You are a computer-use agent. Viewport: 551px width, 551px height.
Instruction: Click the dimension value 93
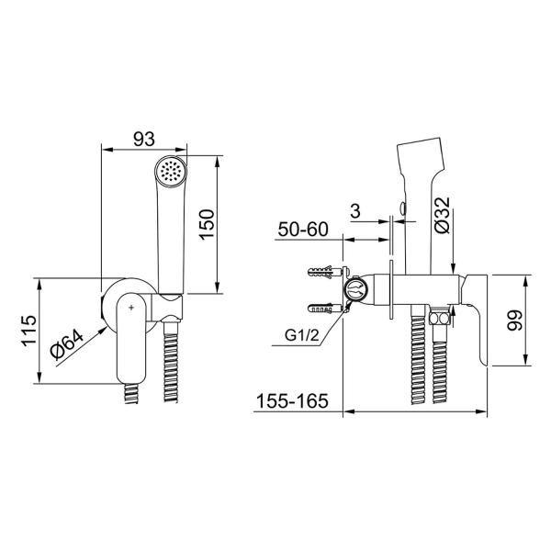pyautogui.click(x=144, y=140)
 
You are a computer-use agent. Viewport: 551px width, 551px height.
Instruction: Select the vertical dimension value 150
pyautogui.click(x=207, y=225)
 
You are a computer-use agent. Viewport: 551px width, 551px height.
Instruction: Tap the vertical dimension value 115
pyautogui.click(x=29, y=331)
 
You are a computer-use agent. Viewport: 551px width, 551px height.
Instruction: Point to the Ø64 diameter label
pyautogui.click(x=67, y=345)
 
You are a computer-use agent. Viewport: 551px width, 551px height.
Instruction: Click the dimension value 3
pyautogui.click(x=355, y=211)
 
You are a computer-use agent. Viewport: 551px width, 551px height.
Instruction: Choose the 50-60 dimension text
pyautogui.click(x=302, y=230)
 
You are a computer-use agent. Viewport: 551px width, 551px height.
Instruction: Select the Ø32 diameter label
pyautogui.click(x=442, y=215)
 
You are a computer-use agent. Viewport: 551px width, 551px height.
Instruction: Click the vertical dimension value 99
pyautogui.click(x=514, y=320)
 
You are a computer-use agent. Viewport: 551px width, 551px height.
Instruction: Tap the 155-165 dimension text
pyautogui.click(x=292, y=401)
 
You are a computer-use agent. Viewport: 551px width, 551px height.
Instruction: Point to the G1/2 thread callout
pyautogui.click(x=302, y=335)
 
